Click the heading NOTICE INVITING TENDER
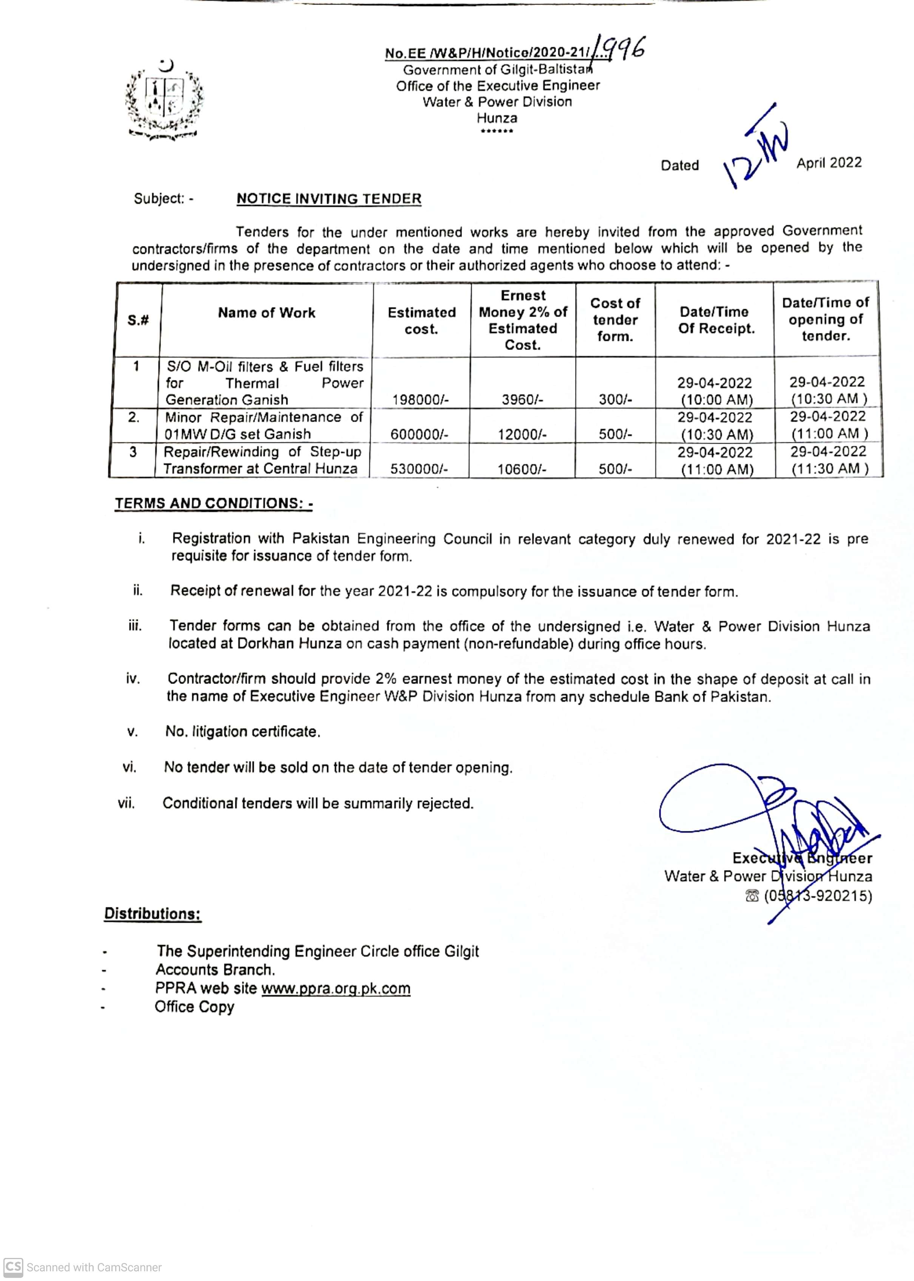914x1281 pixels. pos(329,199)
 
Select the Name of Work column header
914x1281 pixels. pos(266,313)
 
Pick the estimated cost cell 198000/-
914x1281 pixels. pos(420,400)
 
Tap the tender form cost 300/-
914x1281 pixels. pos(615,400)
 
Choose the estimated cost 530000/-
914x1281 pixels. pos(419,469)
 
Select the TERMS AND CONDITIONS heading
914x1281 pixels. pos(213,503)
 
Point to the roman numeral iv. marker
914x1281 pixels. pos(133,679)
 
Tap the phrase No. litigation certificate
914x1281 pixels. pos(242,732)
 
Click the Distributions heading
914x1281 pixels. pos(153,913)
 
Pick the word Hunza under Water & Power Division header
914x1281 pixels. pos(497,118)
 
